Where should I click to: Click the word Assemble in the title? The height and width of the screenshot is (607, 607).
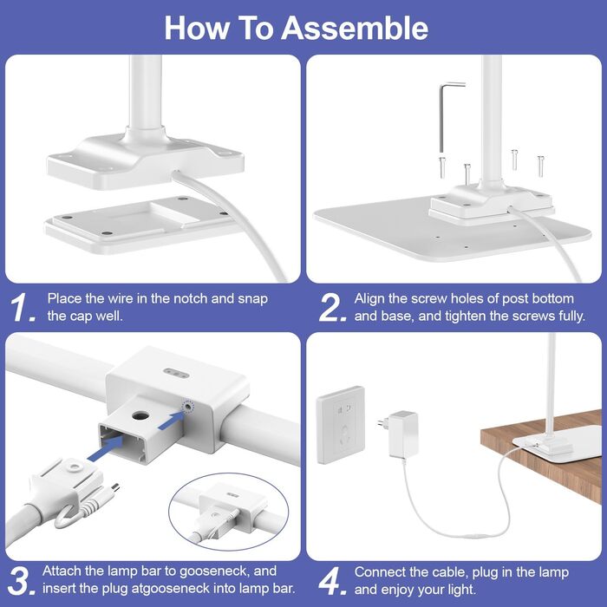[354, 28]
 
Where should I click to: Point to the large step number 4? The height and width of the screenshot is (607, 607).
[332, 581]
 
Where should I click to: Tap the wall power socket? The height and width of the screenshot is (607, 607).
[341, 425]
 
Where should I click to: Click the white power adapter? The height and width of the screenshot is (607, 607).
[401, 434]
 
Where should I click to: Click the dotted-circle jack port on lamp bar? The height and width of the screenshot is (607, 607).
[188, 407]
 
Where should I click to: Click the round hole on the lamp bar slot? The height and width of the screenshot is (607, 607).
[140, 416]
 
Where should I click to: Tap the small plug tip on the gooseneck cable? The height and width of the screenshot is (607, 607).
[115, 487]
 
